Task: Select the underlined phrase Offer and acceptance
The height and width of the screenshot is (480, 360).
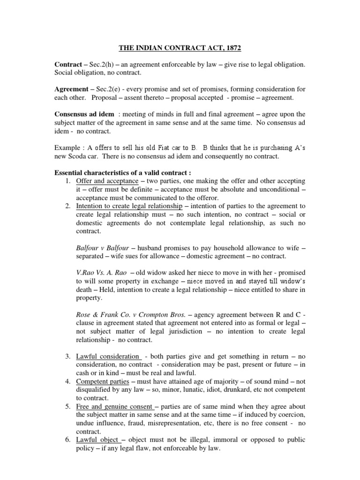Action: tap(107, 180)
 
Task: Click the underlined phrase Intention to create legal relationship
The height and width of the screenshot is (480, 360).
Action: tap(129, 206)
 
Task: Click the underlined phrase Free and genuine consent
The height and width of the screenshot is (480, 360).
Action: tap(114, 407)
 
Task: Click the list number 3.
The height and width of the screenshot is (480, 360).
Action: tap(67, 357)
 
